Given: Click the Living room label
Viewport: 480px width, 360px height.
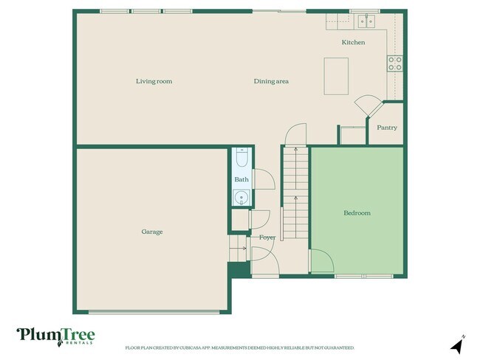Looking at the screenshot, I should click(x=154, y=81).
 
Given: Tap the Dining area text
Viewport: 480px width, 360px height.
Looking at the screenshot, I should click(x=270, y=81).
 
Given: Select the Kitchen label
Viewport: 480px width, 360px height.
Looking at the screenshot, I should click(x=353, y=43).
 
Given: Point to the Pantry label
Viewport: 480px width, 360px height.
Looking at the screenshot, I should click(x=387, y=128).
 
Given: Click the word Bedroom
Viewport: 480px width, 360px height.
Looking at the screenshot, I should click(x=357, y=213).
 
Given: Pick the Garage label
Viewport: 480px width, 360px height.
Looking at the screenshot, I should click(x=152, y=232).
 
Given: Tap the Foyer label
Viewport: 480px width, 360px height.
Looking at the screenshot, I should click(x=267, y=238).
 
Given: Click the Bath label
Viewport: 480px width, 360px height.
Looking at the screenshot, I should click(x=241, y=179).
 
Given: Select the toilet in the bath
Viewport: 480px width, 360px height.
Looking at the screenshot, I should click(x=241, y=158).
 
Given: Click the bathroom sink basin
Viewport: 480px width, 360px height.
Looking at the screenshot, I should click(x=241, y=197).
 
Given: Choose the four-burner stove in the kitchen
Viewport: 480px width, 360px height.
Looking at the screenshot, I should click(x=395, y=63).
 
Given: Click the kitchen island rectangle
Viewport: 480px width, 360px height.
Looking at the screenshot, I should click(x=336, y=76).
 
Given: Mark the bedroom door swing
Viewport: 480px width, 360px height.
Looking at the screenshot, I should click(x=321, y=260).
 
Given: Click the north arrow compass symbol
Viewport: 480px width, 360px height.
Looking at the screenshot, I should click(x=457, y=345).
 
